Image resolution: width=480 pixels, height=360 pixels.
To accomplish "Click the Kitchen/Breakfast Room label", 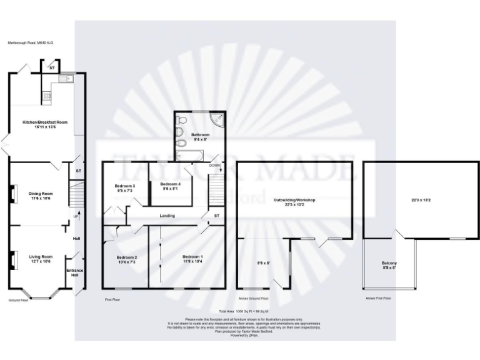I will pos(44,122).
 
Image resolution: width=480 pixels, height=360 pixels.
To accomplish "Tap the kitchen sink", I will pos(65,79).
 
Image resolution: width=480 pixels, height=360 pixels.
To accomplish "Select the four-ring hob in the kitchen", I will pos(46,96).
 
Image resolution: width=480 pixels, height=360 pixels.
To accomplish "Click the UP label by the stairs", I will pos(76,216).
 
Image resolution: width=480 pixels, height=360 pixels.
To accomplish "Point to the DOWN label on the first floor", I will pos(214,166).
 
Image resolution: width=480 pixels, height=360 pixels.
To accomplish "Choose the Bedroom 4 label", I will pos(170,184).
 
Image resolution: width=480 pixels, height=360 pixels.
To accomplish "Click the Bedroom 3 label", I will pos(125,186).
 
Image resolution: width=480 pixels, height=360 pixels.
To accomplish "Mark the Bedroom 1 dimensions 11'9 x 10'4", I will pos(192,261).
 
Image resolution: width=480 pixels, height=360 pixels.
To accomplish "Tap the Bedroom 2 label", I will pos(126,257).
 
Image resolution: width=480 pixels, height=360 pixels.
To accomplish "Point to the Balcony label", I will pos(389,262).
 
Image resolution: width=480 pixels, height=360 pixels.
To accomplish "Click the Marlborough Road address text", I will pos(31,43).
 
